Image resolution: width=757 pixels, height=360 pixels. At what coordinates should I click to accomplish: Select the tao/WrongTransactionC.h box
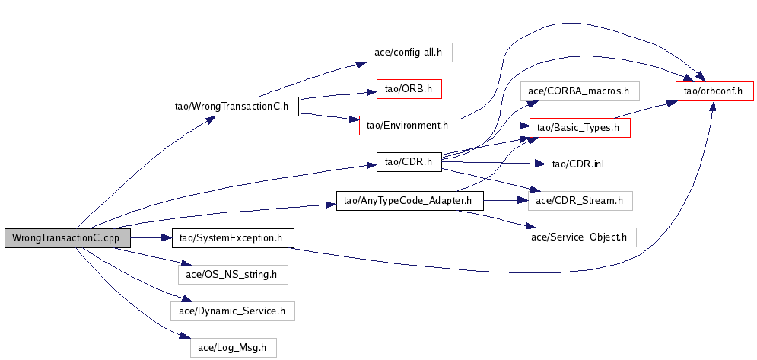click(x=231, y=106)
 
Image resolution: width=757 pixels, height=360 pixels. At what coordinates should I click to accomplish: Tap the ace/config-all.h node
click(x=409, y=53)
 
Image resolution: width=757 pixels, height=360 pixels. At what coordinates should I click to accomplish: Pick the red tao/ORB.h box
click(x=409, y=89)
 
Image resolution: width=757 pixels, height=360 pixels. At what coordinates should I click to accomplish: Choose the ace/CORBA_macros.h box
click(x=580, y=91)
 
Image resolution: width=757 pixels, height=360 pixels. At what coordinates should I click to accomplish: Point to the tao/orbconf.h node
click(x=714, y=91)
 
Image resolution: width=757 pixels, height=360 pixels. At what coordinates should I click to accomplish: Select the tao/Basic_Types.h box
click(x=580, y=128)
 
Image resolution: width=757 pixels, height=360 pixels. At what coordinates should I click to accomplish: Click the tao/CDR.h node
click(x=409, y=161)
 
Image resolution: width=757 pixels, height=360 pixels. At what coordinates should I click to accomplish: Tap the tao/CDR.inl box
click(x=579, y=164)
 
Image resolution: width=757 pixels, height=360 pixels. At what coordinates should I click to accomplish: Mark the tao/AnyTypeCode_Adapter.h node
click(x=409, y=201)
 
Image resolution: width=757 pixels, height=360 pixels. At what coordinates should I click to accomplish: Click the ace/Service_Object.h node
click(x=579, y=237)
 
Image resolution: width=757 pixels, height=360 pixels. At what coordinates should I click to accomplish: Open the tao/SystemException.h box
click(x=233, y=237)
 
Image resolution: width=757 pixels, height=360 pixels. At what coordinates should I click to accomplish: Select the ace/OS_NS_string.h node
click(x=233, y=274)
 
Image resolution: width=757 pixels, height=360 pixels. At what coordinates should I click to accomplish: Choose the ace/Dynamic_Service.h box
click(x=231, y=311)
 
